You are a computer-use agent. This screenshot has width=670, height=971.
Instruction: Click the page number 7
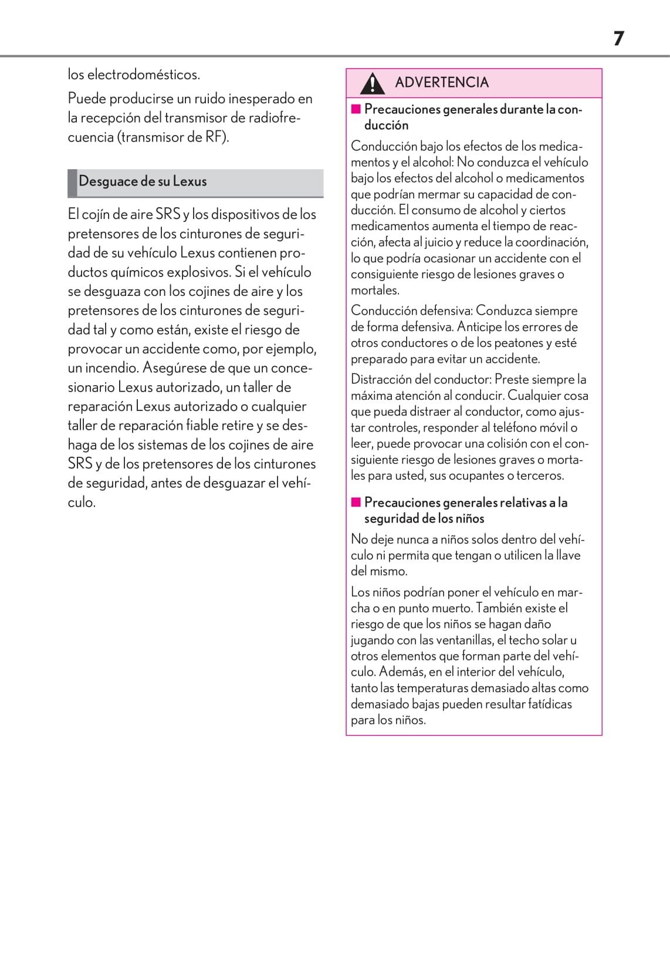[618, 39]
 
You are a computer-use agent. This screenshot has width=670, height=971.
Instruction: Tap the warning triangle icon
[372, 83]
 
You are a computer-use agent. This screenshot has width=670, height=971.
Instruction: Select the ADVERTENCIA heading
[442, 82]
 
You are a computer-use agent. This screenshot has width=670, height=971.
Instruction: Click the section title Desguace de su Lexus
[143, 181]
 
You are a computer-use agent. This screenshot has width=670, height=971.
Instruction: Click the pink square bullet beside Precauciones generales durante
[356, 109]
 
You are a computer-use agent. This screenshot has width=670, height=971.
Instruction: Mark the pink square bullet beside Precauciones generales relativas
[356, 503]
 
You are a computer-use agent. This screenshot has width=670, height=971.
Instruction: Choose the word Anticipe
[479, 327]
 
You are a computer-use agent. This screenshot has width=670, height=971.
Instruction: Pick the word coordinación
[551, 242]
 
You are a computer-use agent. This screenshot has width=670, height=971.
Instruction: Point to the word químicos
[138, 272]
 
